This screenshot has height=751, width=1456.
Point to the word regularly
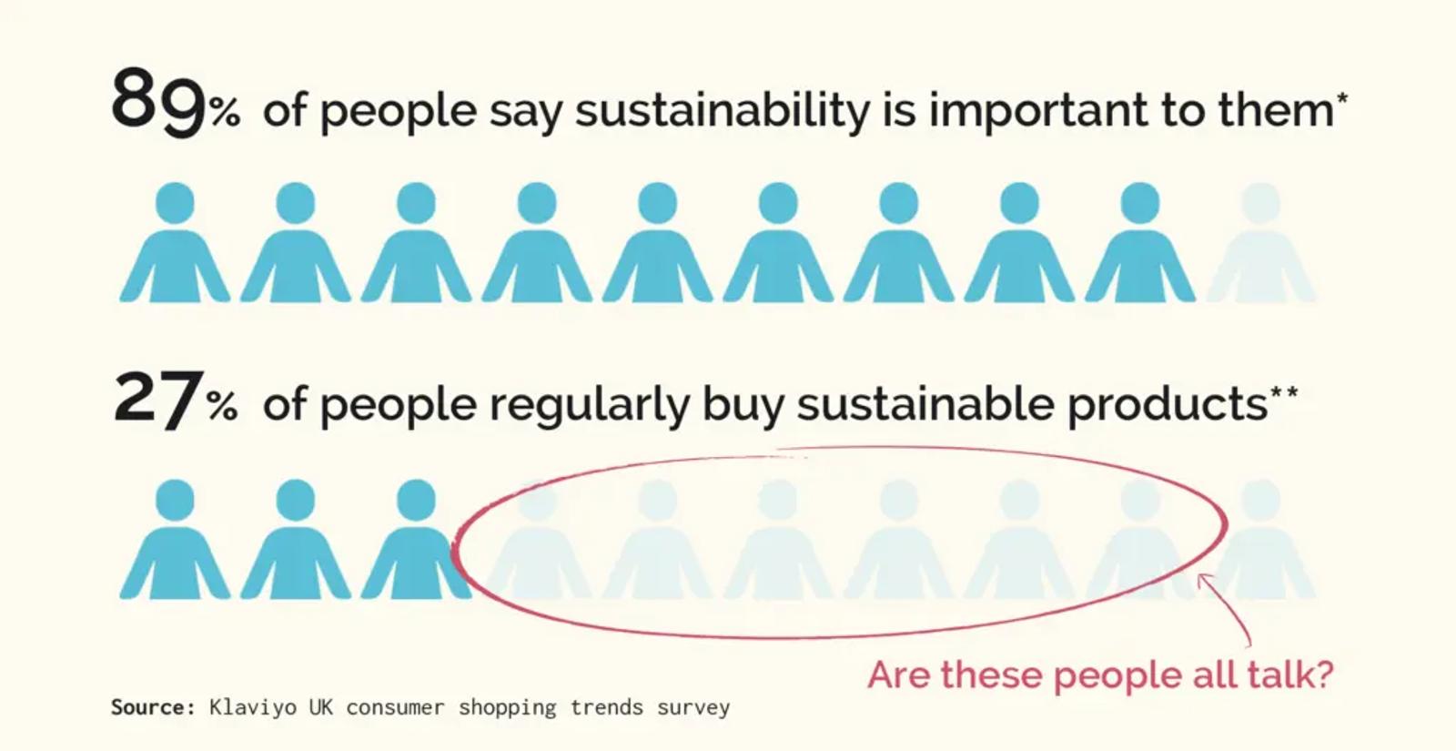[589, 406]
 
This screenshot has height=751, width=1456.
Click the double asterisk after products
[1284, 392]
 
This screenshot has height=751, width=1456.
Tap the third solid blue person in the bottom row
[416, 539]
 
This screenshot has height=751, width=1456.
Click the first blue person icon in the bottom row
[175, 539]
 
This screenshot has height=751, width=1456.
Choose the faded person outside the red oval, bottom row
[1264, 539]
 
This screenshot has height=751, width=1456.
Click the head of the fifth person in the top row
[658, 203]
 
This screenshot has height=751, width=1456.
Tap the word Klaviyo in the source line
[253, 707]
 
